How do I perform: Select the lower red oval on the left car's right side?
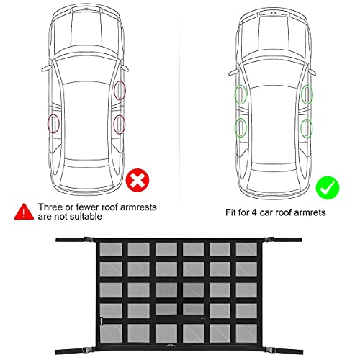point(119,124)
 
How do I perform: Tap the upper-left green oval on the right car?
point(239,94)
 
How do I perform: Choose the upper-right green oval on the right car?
point(307,94)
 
